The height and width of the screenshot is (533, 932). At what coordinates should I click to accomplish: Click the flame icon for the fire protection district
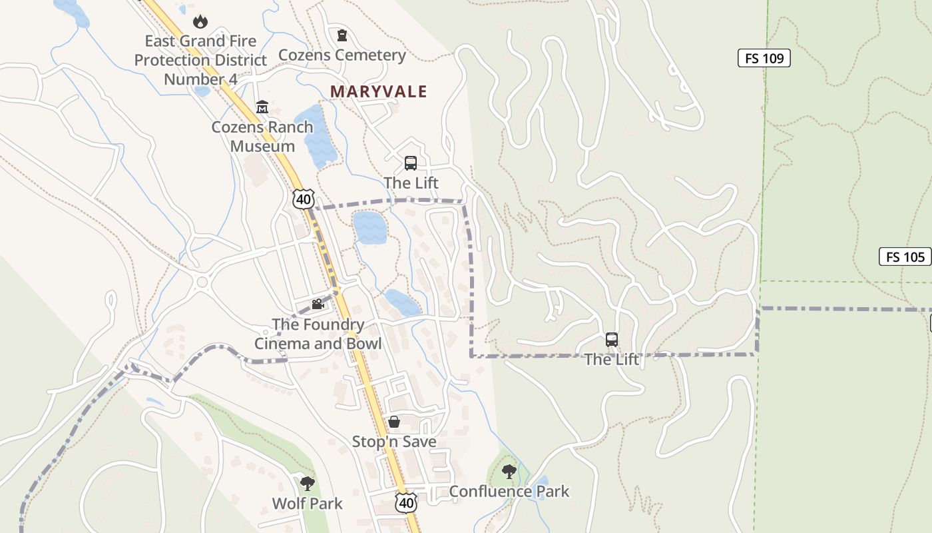click(x=199, y=22)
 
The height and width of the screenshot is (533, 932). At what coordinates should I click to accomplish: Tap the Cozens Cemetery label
click(x=342, y=55)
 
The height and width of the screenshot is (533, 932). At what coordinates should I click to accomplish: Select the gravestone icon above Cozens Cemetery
click(x=342, y=35)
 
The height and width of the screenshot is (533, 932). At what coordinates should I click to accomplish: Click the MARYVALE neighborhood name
click(x=379, y=91)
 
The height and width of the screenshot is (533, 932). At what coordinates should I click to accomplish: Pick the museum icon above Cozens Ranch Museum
click(x=262, y=107)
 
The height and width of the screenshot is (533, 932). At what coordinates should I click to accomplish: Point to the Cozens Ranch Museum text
click(x=262, y=136)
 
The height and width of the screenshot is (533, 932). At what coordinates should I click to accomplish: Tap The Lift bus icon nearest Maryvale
click(x=411, y=163)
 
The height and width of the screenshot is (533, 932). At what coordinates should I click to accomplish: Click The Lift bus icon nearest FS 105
click(x=612, y=340)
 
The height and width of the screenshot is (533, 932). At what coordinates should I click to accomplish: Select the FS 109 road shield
click(x=764, y=58)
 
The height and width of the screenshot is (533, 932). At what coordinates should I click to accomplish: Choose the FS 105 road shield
click(x=905, y=257)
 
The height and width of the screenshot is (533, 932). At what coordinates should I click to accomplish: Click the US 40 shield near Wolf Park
click(x=405, y=502)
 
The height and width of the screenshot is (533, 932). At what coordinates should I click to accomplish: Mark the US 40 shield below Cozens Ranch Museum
click(x=303, y=198)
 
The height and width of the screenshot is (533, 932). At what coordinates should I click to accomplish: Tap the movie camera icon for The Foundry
click(x=318, y=304)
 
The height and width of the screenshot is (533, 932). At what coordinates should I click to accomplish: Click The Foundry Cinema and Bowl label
click(x=318, y=334)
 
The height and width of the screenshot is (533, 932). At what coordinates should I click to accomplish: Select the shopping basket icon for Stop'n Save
click(x=394, y=422)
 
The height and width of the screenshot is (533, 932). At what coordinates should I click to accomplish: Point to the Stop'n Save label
click(x=394, y=442)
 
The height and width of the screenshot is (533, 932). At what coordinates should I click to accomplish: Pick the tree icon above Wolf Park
click(x=307, y=483)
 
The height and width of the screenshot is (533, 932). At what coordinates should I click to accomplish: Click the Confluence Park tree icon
click(x=509, y=472)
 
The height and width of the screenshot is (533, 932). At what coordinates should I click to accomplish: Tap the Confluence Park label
click(x=509, y=492)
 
